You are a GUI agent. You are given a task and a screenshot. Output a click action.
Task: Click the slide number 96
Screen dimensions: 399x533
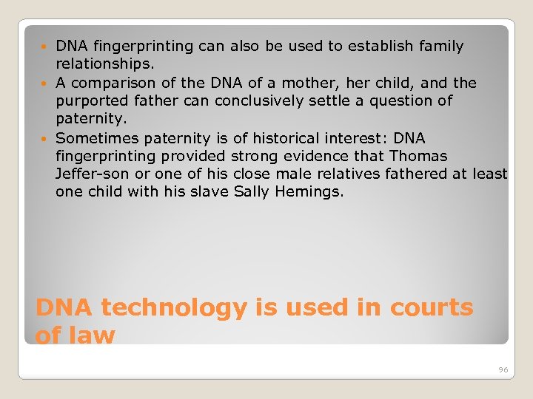tap(503, 369)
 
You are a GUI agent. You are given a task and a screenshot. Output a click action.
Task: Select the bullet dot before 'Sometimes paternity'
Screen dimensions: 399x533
tap(48, 139)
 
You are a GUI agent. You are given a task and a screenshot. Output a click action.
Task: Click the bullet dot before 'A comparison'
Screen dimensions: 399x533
tap(48, 83)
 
